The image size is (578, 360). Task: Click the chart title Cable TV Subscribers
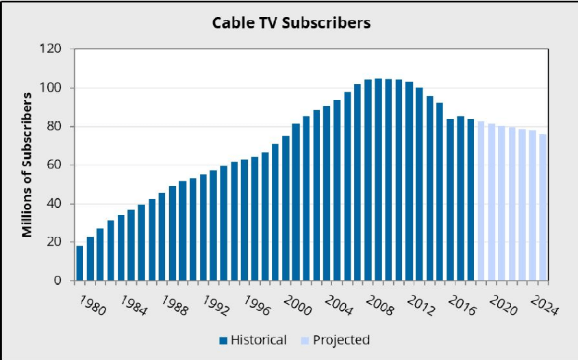[x=291, y=23]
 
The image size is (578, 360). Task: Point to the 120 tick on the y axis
[x=53, y=49]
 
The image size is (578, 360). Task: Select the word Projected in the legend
[x=338, y=340]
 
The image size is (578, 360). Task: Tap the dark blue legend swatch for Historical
[x=223, y=340]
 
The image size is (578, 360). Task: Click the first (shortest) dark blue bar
[x=79, y=263]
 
